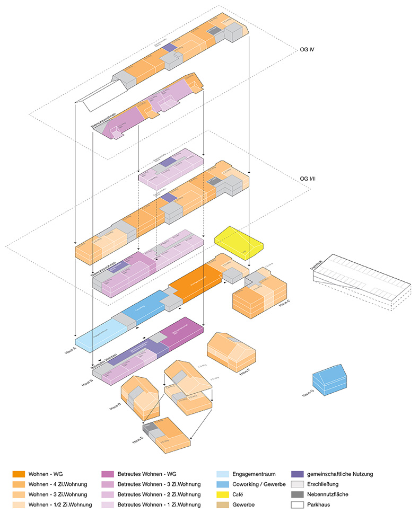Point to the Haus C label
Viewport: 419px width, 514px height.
click(285, 313)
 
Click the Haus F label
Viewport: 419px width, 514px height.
click(245, 373)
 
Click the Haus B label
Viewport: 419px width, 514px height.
click(87, 382)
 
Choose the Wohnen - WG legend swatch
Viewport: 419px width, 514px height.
click(19, 474)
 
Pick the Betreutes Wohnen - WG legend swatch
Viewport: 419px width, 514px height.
click(108, 474)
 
